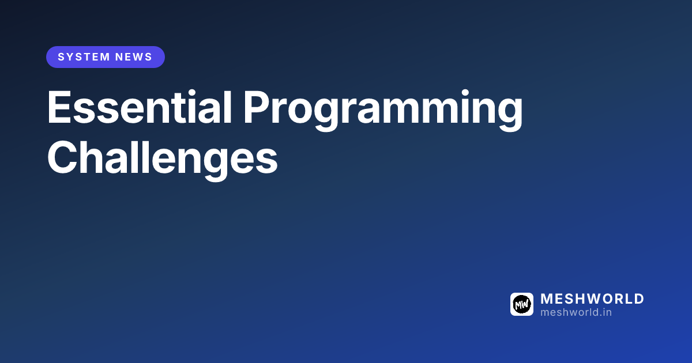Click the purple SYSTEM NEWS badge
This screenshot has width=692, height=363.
click(106, 57)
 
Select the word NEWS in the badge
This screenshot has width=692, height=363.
click(134, 57)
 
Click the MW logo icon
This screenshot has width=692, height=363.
click(522, 304)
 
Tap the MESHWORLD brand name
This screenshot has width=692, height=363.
click(592, 299)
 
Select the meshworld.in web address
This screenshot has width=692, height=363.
click(576, 312)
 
